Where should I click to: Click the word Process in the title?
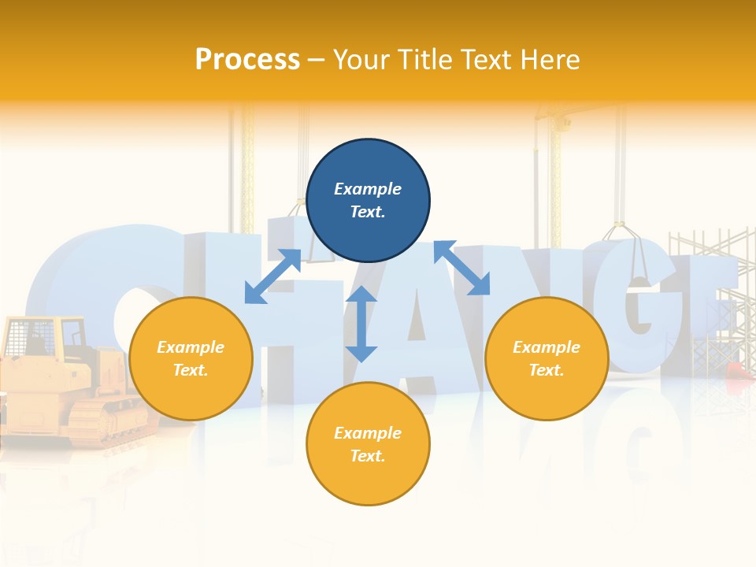(247, 60)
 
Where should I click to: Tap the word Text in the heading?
(483, 60)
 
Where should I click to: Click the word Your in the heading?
(363, 60)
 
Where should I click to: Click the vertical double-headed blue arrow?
(361, 324)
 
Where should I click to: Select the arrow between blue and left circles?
(272, 276)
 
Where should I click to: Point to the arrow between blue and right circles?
(461, 268)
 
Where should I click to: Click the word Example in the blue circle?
(368, 189)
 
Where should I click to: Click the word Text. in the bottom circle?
(368, 456)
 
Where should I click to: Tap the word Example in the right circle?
(547, 347)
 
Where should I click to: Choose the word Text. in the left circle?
(191, 370)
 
